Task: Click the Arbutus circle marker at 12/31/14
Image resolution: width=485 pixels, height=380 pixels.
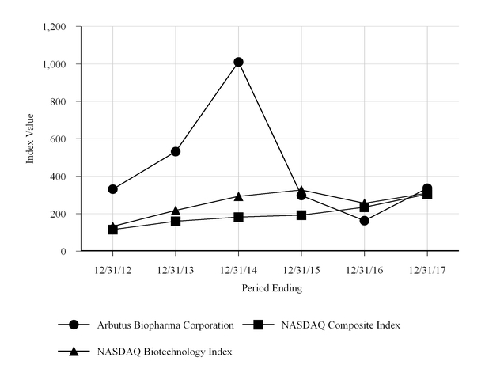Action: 238,62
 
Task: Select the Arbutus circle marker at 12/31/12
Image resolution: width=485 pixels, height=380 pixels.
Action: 113,189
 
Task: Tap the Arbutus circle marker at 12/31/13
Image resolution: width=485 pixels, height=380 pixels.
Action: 176,151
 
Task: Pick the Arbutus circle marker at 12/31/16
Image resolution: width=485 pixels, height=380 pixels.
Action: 364,221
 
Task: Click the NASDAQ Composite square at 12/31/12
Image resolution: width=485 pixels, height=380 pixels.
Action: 113,230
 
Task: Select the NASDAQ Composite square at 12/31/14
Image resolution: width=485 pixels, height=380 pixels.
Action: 238,217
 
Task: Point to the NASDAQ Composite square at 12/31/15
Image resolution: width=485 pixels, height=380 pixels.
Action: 301,215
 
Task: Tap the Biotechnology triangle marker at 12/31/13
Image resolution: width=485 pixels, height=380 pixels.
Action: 176,210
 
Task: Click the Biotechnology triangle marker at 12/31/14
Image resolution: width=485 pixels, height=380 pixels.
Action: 238,196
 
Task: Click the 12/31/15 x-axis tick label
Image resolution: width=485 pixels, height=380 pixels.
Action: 301,270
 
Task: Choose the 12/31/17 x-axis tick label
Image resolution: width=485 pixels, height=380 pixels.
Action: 426,270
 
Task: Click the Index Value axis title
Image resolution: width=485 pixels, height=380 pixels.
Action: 32,139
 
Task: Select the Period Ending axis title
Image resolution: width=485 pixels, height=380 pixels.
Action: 271,289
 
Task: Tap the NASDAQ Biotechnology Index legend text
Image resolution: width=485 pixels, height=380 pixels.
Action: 165,351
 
